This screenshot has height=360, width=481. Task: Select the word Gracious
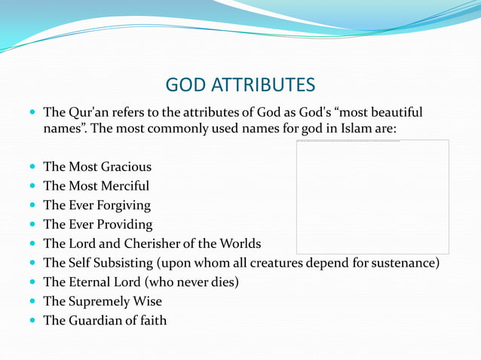tap(126, 166)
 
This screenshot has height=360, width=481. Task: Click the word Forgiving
tap(122, 206)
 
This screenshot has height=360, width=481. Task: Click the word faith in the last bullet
tap(151, 321)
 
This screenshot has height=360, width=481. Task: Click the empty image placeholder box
tap(372, 197)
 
